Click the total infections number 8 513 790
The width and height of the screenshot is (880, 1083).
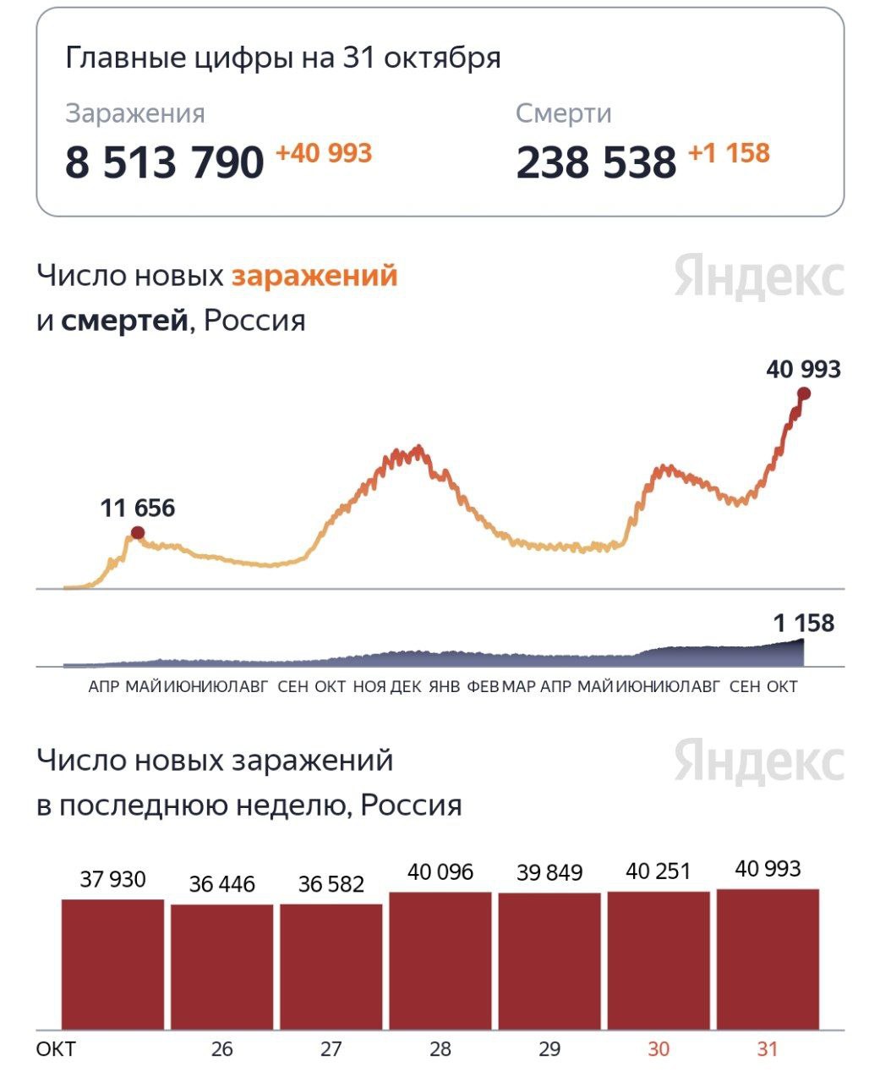click(165, 162)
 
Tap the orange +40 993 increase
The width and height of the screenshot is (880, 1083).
click(324, 153)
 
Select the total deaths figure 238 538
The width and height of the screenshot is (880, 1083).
click(596, 162)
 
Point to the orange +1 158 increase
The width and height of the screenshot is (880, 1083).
click(729, 153)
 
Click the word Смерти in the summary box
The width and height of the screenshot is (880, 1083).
click(563, 113)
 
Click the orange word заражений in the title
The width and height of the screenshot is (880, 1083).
click(314, 276)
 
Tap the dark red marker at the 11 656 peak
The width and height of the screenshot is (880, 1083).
click(138, 532)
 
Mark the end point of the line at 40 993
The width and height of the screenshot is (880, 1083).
click(803, 393)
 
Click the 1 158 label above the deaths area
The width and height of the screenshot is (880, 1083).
click(803, 624)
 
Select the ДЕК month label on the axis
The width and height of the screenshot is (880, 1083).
click(406, 686)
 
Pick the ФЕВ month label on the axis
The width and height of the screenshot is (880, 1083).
click(483, 686)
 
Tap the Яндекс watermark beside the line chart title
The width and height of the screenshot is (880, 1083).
click(759, 278)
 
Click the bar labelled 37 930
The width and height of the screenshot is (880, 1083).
click(112, 965)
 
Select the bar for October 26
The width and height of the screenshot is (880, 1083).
click(221, 967)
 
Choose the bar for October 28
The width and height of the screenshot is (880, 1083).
click(440, 961)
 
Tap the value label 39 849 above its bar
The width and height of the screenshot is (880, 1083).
click(549, 872)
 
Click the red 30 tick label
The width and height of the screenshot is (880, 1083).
click(659, 1049)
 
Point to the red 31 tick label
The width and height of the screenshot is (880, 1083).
click(767, 1049)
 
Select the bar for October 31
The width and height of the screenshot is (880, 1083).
click(768, 959)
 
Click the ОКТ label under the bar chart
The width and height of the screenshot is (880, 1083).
click(56, 1049)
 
